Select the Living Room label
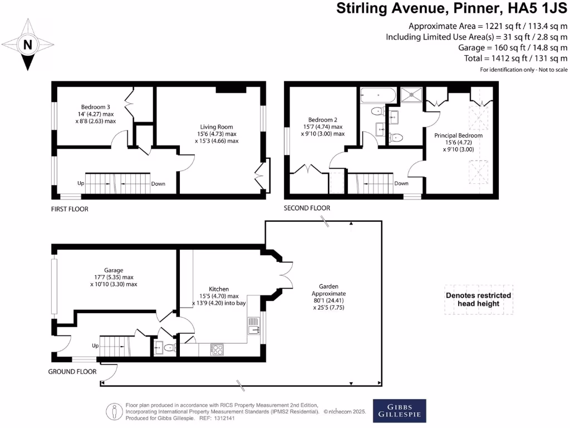(x=217, y=134)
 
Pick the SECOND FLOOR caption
(x=307, y=208)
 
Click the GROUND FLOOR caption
(x=72, y=372)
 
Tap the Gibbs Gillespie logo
(x=399, y=410)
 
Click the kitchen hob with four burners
(x=217, y=349)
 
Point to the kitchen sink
(x=253, y=324)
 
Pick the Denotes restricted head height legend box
(x=478, y=300)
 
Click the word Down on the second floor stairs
(x=401, y=183)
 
